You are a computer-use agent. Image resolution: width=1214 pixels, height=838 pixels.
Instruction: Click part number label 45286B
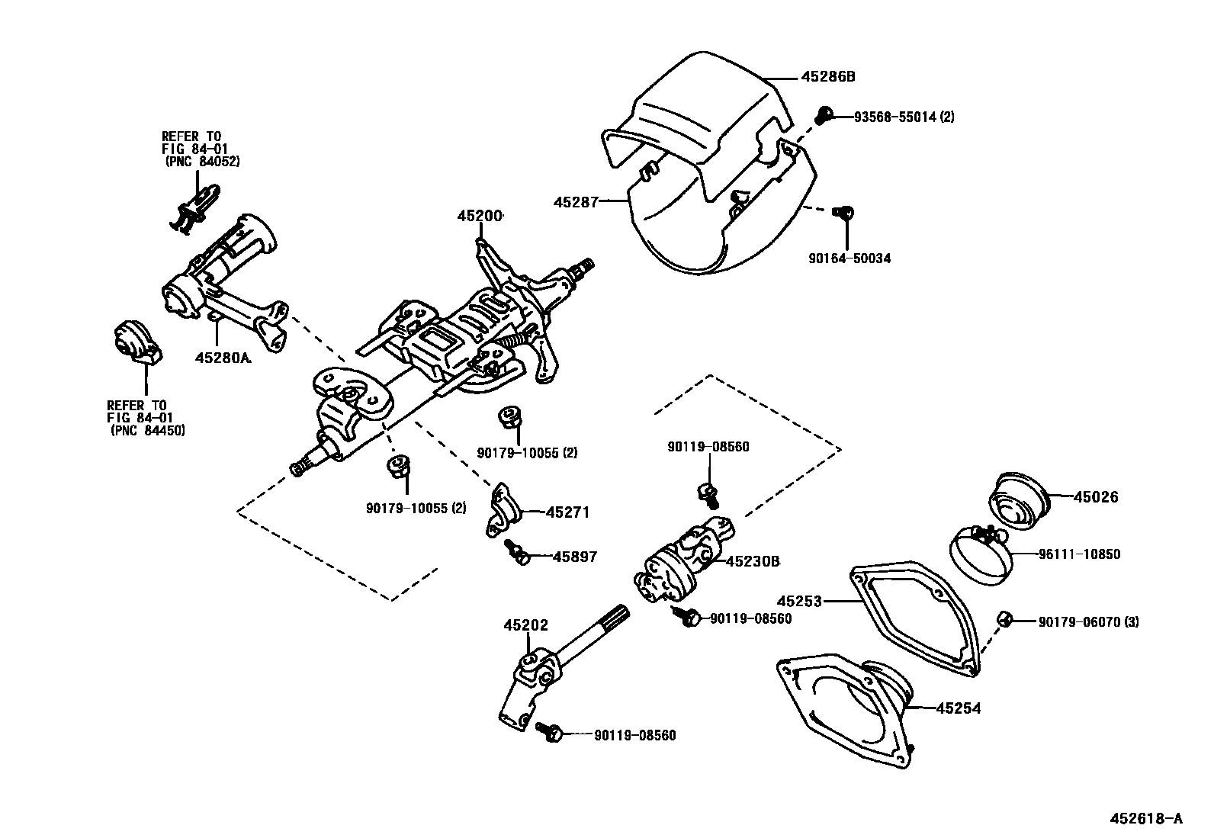(x=828, y=77)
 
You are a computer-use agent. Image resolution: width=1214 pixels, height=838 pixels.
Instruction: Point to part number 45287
(x=576, y=202)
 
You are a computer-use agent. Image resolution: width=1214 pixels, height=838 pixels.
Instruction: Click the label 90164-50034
(x=849, y=258)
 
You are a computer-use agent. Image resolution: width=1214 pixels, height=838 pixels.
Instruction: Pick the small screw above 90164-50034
(x=844, y=214)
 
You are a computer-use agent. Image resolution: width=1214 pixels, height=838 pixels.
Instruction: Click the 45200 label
(x=480, y=217)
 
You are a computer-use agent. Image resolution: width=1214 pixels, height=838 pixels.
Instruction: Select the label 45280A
(x=223, y=357)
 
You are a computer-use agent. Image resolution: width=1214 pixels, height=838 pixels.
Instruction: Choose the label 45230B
(x=752, y=561)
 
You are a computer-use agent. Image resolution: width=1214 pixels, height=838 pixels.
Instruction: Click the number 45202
(x=525, y=625)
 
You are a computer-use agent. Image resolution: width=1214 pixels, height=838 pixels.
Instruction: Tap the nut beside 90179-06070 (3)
(x=1004, y=619)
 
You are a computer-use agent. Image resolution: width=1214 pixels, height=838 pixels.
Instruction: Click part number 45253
(x=799, y=602)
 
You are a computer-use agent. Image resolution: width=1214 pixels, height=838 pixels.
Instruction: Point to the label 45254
(x=958, y=708)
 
